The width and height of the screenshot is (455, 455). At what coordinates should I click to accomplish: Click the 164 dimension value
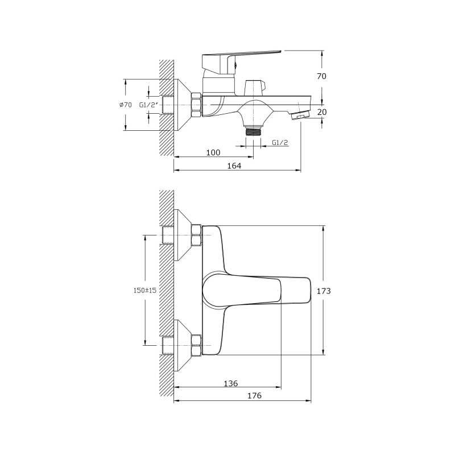point(234,166)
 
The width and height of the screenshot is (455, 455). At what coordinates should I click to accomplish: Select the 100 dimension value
point(213,152)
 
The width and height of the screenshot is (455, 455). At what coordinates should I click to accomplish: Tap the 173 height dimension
point(324,291)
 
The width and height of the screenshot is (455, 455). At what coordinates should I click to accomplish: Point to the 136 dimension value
point(231,383)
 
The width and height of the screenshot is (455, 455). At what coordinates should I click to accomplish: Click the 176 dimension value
point(254,395)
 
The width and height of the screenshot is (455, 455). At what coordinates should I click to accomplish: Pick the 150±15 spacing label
point(145,290)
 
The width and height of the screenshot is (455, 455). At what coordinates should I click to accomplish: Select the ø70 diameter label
point(125,105)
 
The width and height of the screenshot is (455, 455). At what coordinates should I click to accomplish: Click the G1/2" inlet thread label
point(148,105)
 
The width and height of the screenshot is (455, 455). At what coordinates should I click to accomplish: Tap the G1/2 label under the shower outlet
point(280,143)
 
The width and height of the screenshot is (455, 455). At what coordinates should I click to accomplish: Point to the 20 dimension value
point(322,111)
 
